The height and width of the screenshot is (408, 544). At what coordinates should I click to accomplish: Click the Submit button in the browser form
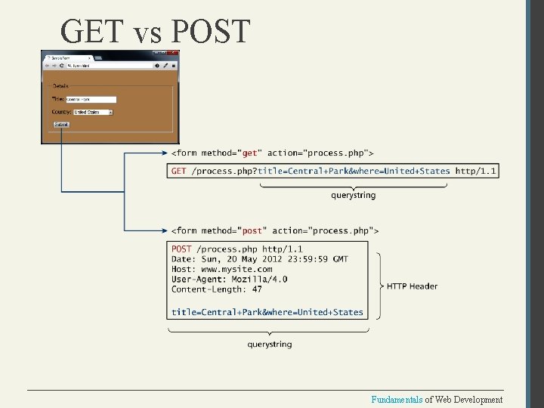61,125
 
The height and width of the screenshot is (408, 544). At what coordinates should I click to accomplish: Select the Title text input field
91,99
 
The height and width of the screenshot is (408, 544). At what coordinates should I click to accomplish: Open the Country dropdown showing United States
93,112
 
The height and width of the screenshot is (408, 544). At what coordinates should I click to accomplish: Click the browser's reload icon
60,66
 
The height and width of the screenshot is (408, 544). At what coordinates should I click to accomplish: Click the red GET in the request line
179,171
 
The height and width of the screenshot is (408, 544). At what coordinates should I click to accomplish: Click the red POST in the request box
181,249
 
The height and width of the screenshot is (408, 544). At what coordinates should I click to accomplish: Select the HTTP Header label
412,286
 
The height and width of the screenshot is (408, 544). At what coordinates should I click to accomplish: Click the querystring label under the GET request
353,196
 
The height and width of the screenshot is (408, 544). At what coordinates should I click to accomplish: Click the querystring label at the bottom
269,345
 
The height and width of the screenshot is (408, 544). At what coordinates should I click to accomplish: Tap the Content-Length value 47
258,289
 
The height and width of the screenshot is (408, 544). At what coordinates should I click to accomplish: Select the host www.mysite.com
236,269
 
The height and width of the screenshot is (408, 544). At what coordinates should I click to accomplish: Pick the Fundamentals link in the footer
397,400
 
